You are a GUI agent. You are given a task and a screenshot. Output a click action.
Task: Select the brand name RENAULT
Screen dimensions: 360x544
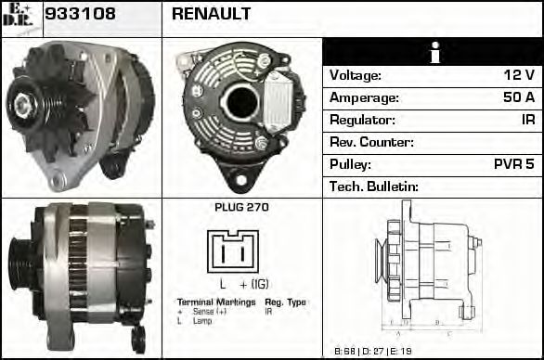click(212, 14)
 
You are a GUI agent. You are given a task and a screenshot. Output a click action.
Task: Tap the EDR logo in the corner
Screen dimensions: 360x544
click(20, 18)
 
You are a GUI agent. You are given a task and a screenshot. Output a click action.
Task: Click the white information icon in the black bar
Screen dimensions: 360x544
click(433, 53)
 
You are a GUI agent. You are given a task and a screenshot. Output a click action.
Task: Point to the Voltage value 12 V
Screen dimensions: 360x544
click(517, 75)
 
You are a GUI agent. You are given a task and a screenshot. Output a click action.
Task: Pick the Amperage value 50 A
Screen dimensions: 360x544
click(515, 97)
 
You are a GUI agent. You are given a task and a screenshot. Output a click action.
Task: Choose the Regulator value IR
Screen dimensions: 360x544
click(526, 120)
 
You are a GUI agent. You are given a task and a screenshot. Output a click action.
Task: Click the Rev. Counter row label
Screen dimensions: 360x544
click(372, 142)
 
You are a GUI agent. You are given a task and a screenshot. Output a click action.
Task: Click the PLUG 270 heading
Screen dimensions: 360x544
click(241, 208)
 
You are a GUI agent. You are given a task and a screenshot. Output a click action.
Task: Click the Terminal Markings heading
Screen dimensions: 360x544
click(216, 302)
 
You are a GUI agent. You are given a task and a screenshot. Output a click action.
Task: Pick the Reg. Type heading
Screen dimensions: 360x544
click(285, 302)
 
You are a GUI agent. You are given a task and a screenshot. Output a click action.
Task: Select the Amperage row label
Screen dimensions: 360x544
click(365, 97)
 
